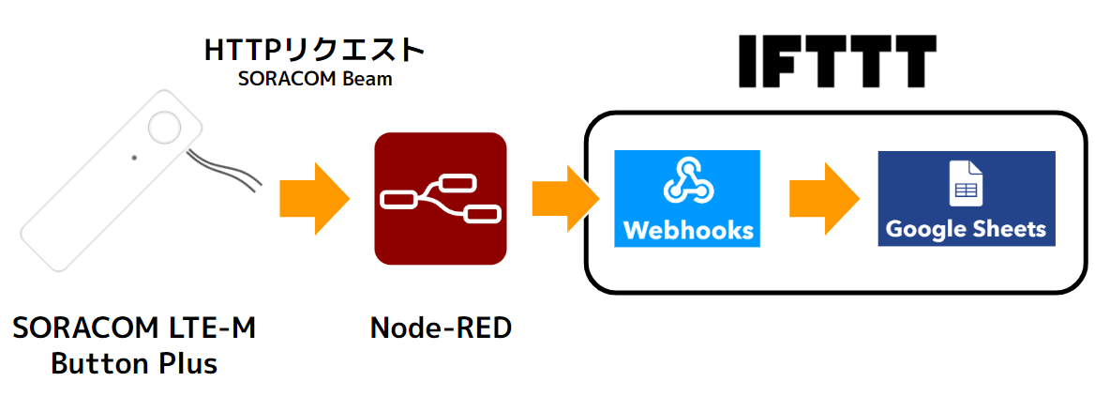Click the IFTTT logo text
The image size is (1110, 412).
(x=837, y=62)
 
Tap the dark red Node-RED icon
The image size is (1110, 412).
(x=441, y=198)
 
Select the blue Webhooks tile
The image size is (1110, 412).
(x=686, y=198)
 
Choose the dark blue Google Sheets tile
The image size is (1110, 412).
(x=966, y=198)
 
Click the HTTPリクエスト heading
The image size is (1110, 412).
(x=314, y=50)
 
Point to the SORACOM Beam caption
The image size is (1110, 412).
(x=314, y=80)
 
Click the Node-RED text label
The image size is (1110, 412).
(x=441, y=328)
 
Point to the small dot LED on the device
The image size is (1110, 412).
(x=134, y=158)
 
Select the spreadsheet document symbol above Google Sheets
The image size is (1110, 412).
(x=966, y=183)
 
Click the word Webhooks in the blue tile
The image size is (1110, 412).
(x=686, y=230)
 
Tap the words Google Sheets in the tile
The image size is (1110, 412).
(x=966, y=230)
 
